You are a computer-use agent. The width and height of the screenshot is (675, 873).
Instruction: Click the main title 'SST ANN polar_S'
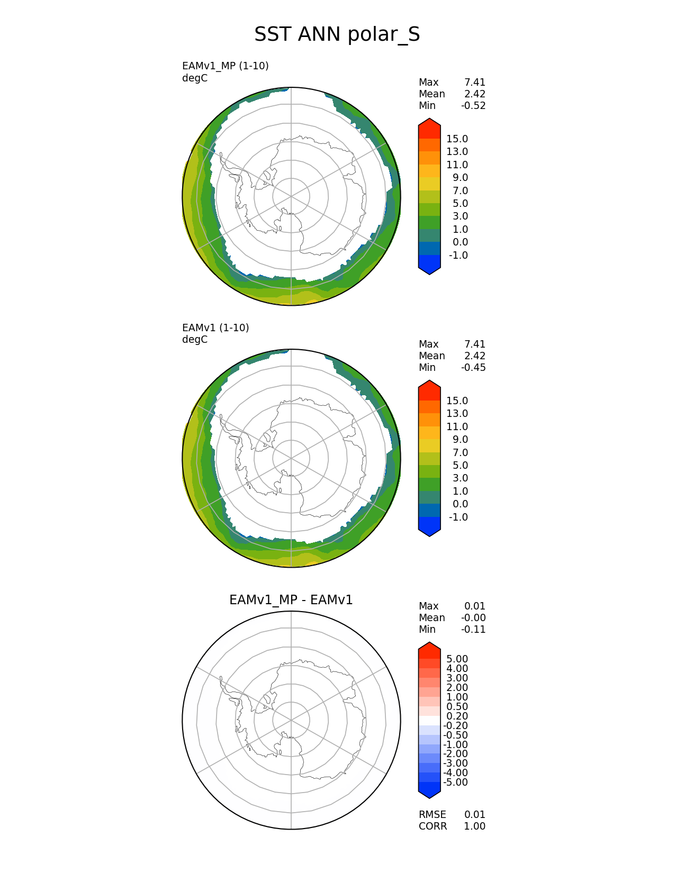(337, 34)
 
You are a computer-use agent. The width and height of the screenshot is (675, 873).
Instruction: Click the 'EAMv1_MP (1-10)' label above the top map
(225, 66)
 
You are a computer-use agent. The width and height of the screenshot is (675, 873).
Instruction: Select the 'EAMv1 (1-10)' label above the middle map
(215, 328)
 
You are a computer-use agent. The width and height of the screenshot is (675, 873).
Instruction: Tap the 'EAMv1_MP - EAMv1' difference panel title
(291, 600)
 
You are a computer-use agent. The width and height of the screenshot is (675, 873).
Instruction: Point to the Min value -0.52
(473, 106)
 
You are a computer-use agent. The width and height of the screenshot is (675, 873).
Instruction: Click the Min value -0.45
(473, 368)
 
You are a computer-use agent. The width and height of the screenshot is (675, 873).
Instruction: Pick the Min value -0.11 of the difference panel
(473, 630)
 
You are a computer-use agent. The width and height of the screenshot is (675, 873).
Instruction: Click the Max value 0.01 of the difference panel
(475, 606)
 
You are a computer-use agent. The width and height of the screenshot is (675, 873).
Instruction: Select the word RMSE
(432, 815)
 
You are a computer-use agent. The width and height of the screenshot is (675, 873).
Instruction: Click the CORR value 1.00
(475, 826)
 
